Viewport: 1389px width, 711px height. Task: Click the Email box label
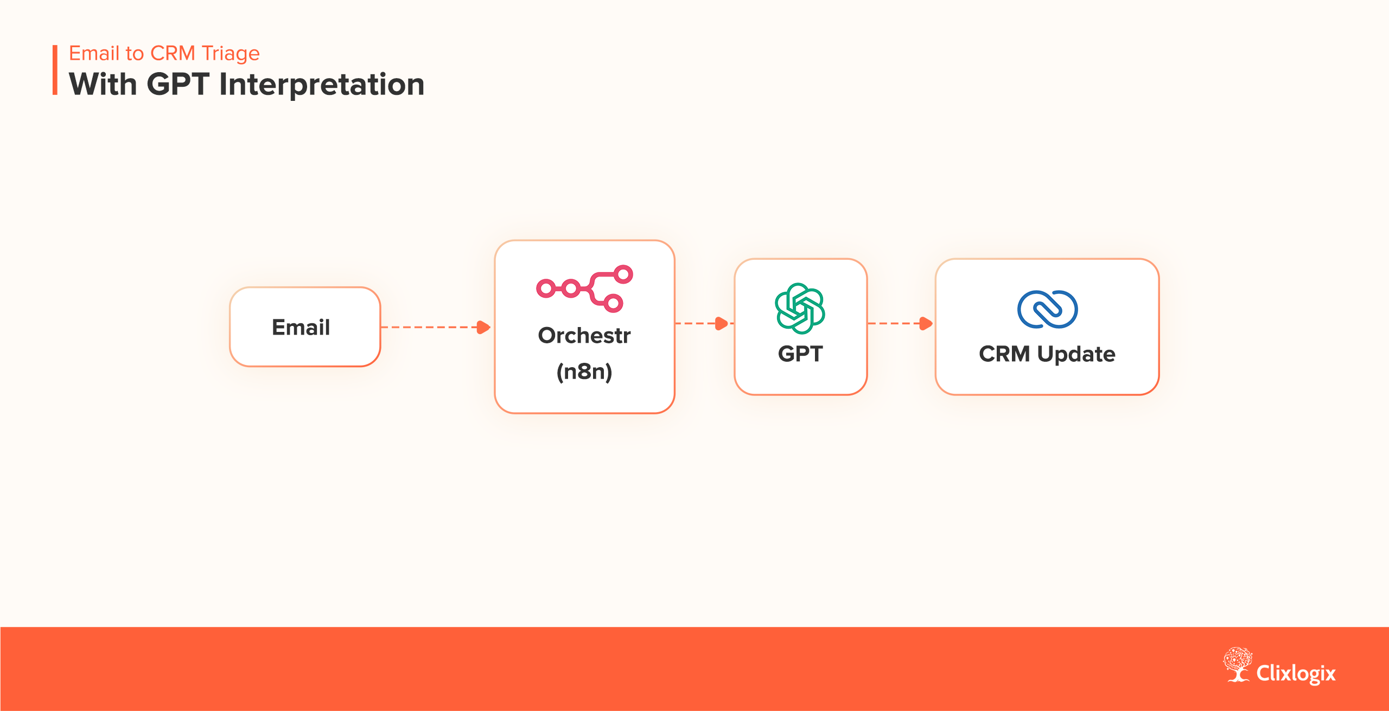[301, 328]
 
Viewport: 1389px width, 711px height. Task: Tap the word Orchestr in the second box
[584, 336]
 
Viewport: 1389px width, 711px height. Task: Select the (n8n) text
[584, 372]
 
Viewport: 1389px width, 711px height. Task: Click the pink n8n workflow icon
[585, 288]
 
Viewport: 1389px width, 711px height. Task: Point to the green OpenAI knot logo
[800, 308]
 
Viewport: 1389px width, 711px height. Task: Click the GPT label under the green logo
[800, 354]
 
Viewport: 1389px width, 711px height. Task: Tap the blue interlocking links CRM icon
[1047, 309]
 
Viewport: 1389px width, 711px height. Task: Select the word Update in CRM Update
[1076, 354]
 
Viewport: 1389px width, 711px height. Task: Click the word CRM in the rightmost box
[1004, 354]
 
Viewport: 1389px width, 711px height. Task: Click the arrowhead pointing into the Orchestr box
[483, 327]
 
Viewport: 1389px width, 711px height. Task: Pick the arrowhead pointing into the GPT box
[722, 324]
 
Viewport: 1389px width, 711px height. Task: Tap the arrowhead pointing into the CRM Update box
[926, 324]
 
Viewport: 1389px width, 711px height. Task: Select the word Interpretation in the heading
[322, 85]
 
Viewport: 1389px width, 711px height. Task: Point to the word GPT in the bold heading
[178, 85]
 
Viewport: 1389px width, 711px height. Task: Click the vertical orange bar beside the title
[55, 70]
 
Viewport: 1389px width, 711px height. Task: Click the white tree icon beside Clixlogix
[1238, 664]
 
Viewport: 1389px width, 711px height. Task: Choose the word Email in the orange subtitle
[94, 54]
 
